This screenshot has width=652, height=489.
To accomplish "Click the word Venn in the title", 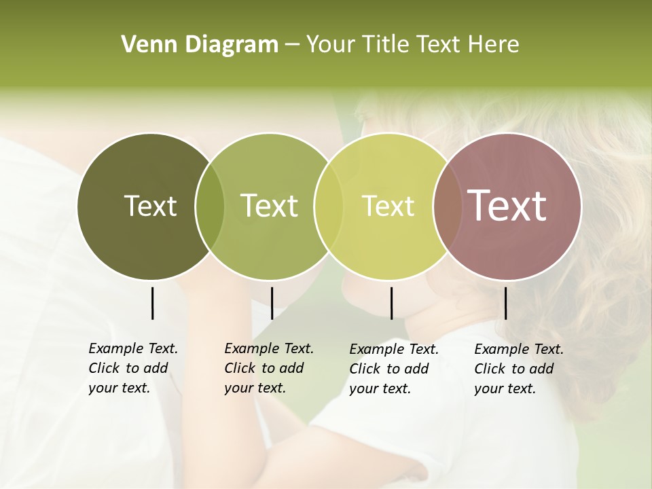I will click(144, 45).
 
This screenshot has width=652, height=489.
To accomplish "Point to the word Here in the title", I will click(494, 45).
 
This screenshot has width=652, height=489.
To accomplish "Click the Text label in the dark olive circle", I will click(150, 206).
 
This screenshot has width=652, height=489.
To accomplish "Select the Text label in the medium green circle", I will click(269, 206).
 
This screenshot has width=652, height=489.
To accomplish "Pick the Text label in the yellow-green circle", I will click(388, 206).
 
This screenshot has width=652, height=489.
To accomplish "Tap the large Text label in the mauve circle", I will click(507, 206).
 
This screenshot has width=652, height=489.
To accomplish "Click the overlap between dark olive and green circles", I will click(210, 206).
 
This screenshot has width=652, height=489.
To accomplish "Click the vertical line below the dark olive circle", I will click(153, 303).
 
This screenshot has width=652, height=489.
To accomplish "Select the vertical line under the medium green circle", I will click(272, 303).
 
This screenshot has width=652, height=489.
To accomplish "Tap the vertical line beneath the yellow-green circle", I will click(391, 303).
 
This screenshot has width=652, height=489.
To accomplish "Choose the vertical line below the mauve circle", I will click(506, 303).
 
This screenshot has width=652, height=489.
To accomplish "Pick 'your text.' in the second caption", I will click(255, 388).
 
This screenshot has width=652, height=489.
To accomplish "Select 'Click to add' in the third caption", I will click(389, 369).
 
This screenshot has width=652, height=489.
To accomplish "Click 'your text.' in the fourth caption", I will click(505, 389).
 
